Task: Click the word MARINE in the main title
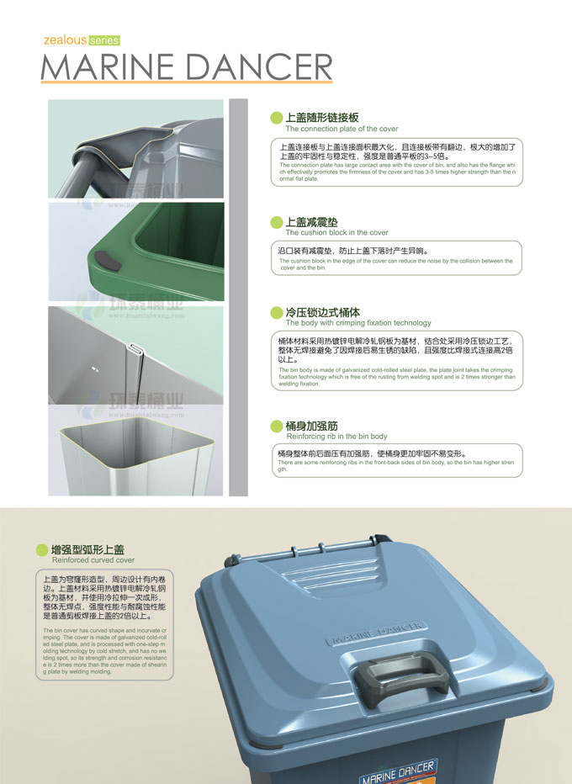(x=114, y=67)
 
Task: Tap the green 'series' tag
(x=101, y=40)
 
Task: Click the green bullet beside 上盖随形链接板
(x=276, y=119)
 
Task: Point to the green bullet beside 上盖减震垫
(x=276, y=222)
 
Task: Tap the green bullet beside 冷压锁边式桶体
(x=276, y=312)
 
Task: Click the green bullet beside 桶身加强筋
(x=276, y=426)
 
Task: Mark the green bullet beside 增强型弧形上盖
(x=42, y=549)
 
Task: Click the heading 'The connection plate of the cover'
(x=342, y=130)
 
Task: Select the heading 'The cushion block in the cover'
(x=336, y=233)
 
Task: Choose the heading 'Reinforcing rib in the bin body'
(x=336, y=437)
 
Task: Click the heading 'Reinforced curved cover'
(x=93, y=559)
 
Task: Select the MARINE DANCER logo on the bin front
(x=397, y=771)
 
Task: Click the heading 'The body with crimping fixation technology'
(x=358, y=323)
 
